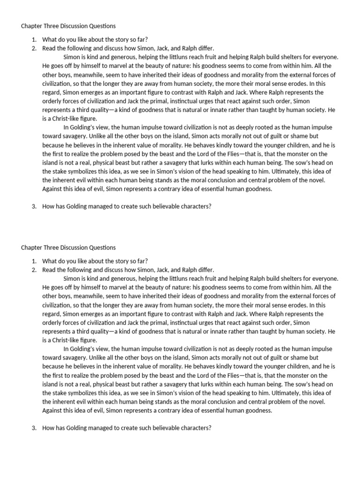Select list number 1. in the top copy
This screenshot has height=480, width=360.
(35, 39)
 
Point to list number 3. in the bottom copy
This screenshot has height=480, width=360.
(35, 428)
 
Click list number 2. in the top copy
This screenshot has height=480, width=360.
(35, 48)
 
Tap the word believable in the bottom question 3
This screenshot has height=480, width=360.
(168, 428)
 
